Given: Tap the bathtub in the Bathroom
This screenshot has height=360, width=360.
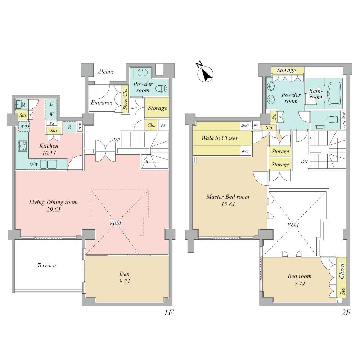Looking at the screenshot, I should point(334,92).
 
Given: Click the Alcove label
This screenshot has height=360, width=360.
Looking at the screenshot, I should point(106,72).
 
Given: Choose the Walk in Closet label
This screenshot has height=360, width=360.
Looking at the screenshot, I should point(219,138).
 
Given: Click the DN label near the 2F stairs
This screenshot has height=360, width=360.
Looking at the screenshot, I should point(304,162).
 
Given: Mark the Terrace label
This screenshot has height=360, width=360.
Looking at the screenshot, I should point(46,266).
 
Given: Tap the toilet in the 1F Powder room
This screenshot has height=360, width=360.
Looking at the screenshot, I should point(161,87).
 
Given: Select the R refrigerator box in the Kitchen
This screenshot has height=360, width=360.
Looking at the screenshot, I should point(69,127).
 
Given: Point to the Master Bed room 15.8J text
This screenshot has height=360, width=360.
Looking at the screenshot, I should point(228,201).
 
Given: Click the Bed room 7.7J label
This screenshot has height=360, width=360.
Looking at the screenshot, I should point(299,280).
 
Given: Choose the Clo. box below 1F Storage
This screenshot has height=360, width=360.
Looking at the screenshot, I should point(151,126).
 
